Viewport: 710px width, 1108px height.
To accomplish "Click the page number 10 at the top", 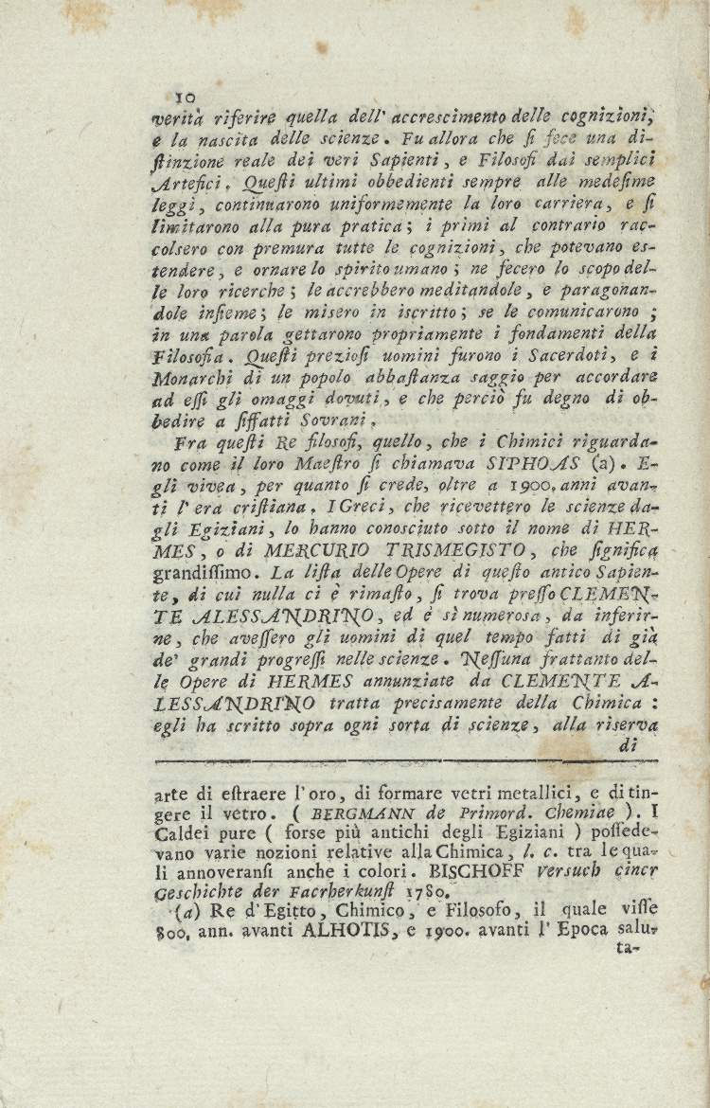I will [185, 96].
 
